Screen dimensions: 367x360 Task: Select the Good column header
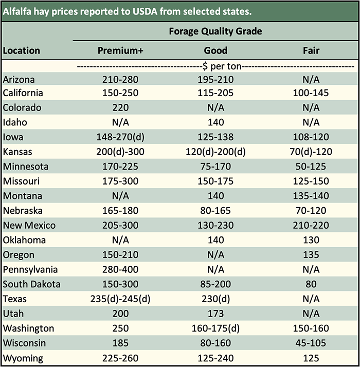tap(215, 51)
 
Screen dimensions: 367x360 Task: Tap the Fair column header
tap(311, 51)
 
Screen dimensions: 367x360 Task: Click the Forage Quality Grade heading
tap(215, 31)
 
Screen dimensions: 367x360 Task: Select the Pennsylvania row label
tap(30, 269)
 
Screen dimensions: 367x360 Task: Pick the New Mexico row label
tap(29, 225)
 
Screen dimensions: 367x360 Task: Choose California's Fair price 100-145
tap(311, 93)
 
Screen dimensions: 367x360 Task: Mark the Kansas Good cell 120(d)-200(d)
tap(215, 152)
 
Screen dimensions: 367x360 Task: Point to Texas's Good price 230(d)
tap(215, 299)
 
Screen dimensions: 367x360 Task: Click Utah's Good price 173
tap(215, 314)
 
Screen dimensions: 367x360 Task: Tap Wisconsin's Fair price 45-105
tap(311, 343)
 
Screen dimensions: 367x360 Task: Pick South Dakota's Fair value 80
tap(311, 284)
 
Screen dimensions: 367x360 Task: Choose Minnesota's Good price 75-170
tap(215, 167)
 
